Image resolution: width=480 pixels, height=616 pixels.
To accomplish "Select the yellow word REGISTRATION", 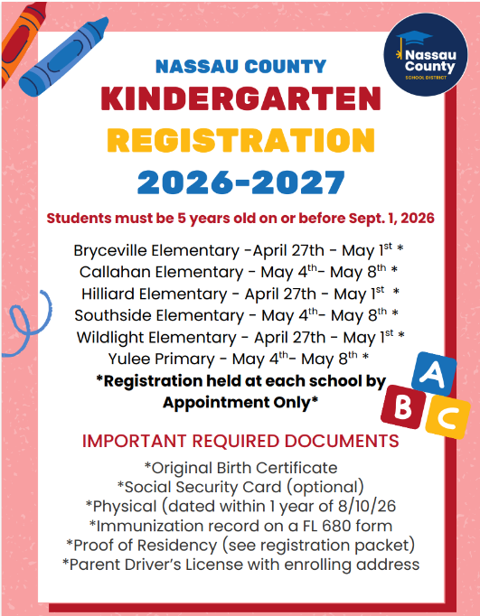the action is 240,140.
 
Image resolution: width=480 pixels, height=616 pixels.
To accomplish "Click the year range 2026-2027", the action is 240,181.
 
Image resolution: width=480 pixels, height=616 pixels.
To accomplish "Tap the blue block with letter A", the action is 431,373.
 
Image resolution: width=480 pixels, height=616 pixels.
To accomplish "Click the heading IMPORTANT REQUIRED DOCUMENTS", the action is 240,442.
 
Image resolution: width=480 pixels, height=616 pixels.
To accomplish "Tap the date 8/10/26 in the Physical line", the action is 362,506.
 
